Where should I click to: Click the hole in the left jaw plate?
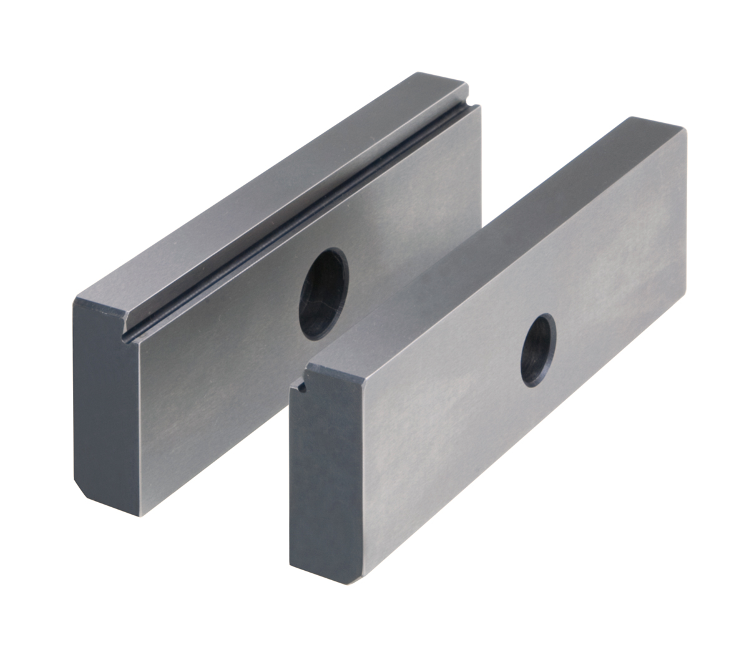[322, 293]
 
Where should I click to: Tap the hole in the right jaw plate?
[538, 349]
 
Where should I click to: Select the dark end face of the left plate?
[106, 399]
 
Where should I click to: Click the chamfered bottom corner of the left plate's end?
[81, 487]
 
